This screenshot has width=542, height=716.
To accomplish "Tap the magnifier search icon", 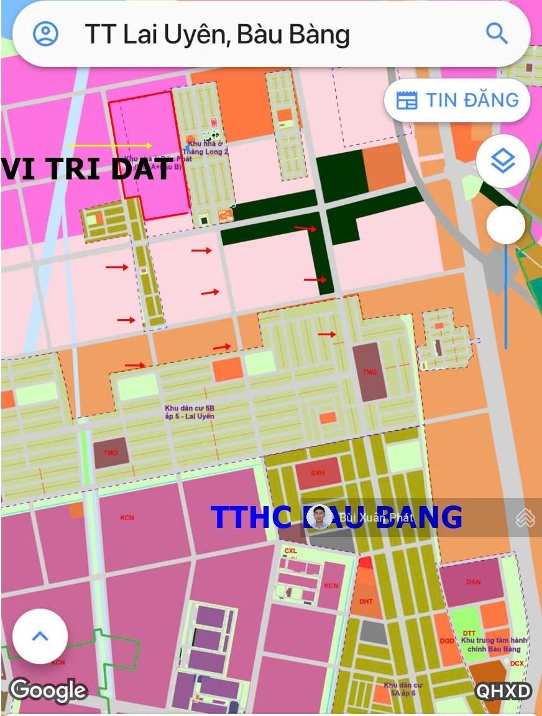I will [497, 33].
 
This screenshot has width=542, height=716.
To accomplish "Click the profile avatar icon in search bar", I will [45, 34].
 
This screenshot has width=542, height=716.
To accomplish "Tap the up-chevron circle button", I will [40, 636].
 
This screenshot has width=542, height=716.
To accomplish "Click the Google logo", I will [48, 691].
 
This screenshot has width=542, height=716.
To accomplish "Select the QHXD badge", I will [503, 692].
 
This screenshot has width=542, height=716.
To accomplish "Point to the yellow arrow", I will [110, 145].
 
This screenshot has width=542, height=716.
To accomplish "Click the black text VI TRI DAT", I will [86, 170].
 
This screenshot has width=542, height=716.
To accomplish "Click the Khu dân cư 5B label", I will [190, 412].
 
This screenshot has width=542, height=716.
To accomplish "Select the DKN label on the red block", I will [318, 473].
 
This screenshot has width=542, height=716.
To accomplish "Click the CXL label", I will [291, 551].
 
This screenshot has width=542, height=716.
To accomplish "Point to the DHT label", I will [366, 601].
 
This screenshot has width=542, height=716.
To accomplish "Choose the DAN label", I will [473, 582].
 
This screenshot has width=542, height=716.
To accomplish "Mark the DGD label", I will [446, 641].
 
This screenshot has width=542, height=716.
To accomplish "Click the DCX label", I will [517, 663].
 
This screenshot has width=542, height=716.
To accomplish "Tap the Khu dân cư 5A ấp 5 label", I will [403, 689].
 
